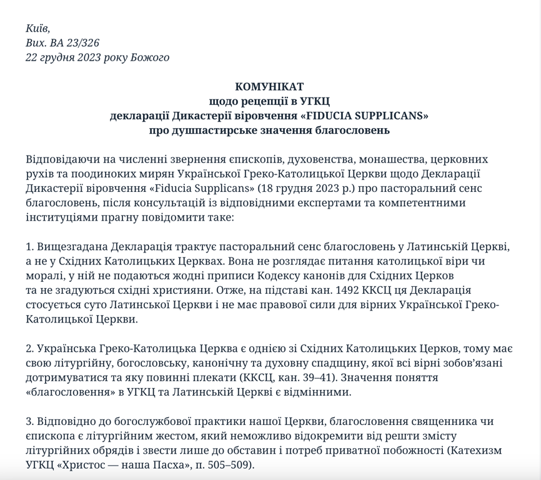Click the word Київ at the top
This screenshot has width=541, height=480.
point(37,29)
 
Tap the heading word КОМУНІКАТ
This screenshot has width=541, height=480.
point(269,87)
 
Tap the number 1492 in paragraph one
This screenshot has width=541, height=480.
point(349,290)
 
